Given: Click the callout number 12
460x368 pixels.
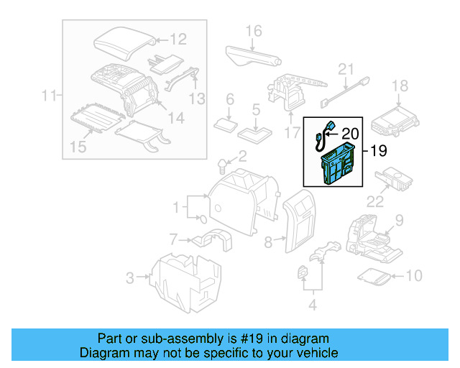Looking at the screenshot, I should pos(178,39).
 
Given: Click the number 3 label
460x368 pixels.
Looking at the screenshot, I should pos(130,277).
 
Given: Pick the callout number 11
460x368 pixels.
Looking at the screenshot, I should pos(49,94).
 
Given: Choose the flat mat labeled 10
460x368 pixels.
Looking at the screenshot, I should pos(375,275).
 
